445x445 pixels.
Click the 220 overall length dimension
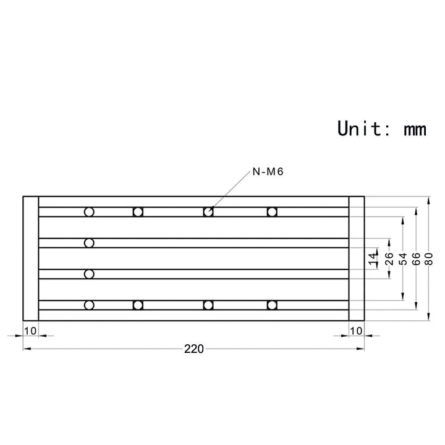(x=193, y=349)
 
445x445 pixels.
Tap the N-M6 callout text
(x=268, y=172)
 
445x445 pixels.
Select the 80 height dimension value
(x=429, y=258)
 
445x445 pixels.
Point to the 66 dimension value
(x=416, y=258)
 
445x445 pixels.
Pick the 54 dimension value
(x=403, y=258)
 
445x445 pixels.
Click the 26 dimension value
(x=389, y=258)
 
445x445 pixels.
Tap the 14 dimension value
(x=373, y=258)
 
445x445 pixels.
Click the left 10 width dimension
(x=30, y=331)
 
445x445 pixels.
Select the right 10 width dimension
(x=356, y=331)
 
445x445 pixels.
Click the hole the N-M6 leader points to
(x=208, y=212)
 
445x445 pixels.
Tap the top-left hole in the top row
(x=90, y=212)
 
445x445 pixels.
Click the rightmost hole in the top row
(x=271, y=212)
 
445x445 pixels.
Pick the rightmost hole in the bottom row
(x=271, y=305)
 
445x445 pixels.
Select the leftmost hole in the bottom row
(x=90, y=305)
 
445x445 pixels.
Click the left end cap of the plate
(x=30, y=258)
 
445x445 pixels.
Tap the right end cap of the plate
(x=356, y=258)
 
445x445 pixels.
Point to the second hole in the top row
(x=138, y=212)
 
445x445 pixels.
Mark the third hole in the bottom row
(x=208, y=305)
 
